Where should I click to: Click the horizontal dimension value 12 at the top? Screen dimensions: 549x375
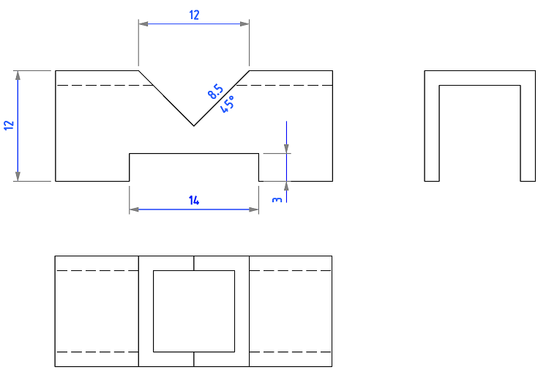click(194, 15)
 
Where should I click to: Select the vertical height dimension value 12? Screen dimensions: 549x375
click(9, 125)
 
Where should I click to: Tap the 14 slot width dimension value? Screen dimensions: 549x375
click(194, 201)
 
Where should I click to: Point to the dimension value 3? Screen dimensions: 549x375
click(277, 200)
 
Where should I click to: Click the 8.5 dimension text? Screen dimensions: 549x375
click(215, 92)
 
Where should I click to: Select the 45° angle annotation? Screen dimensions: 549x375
click(228, 104)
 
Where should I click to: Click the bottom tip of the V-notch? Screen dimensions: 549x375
click(194, 126)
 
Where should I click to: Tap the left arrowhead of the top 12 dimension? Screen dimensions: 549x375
click(143, 24)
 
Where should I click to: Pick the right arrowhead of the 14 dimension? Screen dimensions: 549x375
click(254, 209)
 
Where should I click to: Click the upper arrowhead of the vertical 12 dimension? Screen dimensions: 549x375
click(18, 75)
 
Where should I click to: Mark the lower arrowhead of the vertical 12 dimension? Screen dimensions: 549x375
click(18, 177)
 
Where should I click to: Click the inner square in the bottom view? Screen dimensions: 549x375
click(194, 311)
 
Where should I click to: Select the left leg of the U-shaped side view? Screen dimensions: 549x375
click(432, 133)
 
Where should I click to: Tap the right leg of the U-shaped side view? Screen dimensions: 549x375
click(528, 133)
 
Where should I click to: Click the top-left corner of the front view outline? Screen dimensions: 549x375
click(56, 71)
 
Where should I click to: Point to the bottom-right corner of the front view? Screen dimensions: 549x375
click(332, 181)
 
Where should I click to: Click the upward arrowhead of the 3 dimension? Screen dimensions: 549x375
click(286, 186)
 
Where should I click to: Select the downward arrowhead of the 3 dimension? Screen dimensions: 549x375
click(286, 149)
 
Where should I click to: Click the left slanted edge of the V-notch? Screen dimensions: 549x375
click(166, 98)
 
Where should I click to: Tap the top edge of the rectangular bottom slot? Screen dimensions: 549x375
click(194, 154)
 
